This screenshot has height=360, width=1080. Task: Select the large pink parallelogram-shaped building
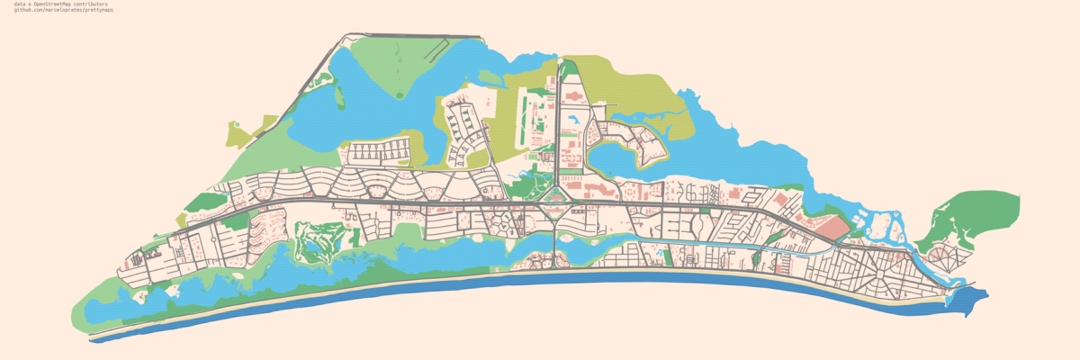(832, 228)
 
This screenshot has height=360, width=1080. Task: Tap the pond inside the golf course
(317, 243)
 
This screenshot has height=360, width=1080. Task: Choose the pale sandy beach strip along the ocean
(540, 273)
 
